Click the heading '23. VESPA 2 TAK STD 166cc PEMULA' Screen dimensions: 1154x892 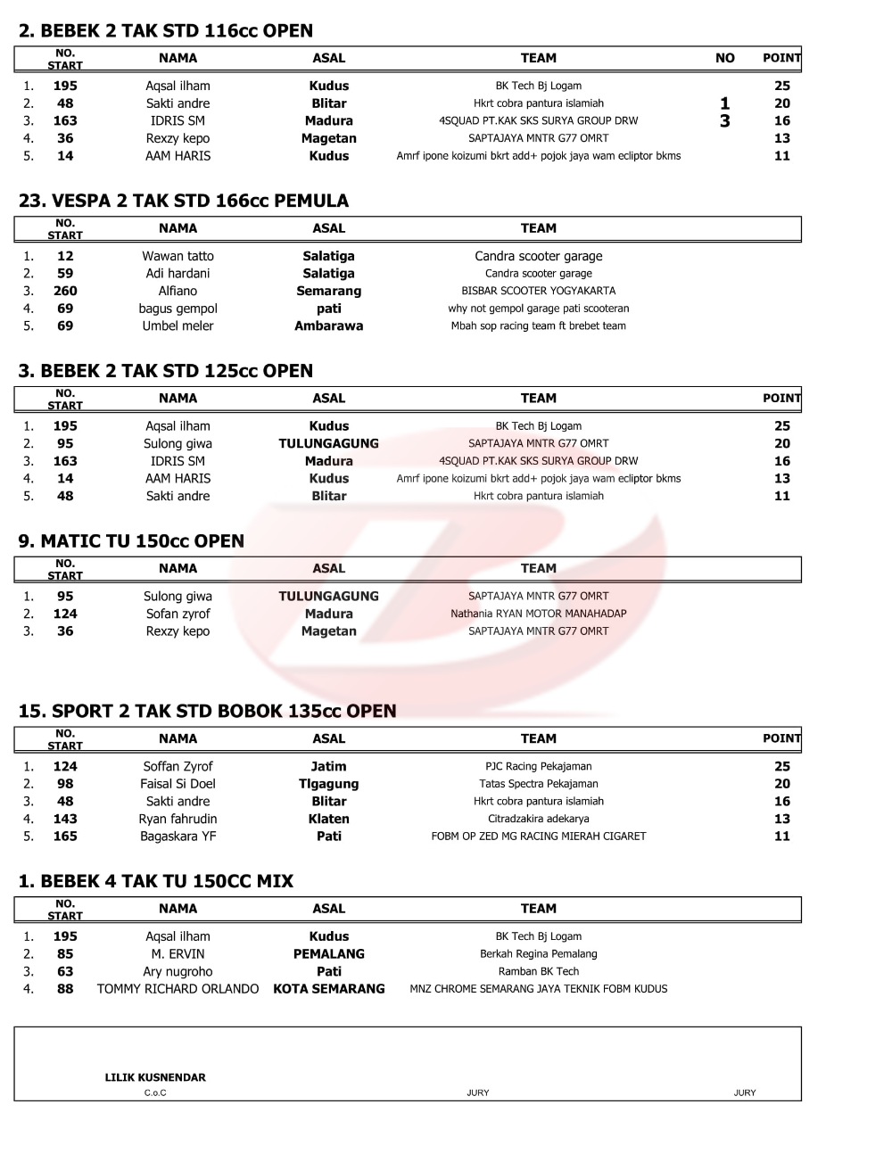pos(183,201)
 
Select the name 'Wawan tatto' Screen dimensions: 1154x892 pos(178,256)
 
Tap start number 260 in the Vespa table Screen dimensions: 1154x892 pos(65,291)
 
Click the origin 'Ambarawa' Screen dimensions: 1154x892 pos(328,326)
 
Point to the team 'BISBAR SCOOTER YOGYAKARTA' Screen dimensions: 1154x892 pos(538,291)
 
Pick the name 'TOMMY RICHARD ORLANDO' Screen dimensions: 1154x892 pos(178,989)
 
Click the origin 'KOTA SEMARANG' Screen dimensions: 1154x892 pos(328,989)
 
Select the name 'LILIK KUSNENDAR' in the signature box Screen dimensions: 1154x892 pos(155,1077)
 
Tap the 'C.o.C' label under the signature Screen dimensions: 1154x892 pos(155,1092)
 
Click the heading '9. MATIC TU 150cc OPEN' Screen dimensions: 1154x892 pos(131,541)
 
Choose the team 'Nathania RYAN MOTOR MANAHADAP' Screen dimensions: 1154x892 pos(538,614)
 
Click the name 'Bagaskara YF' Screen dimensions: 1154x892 pos(178,837)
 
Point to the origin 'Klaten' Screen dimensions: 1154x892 pos(328,819)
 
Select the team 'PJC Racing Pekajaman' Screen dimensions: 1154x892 pos(538,766)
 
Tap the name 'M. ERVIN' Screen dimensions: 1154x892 pos(178,954)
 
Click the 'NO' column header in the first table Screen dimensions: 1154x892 pos(724,58)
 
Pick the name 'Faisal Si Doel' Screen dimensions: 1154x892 pos(178,784)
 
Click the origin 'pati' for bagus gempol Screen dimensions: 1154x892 pos(328,309)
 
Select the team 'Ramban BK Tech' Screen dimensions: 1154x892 pos(538,971)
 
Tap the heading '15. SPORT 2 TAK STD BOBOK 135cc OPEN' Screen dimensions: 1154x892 pos(207,711)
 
